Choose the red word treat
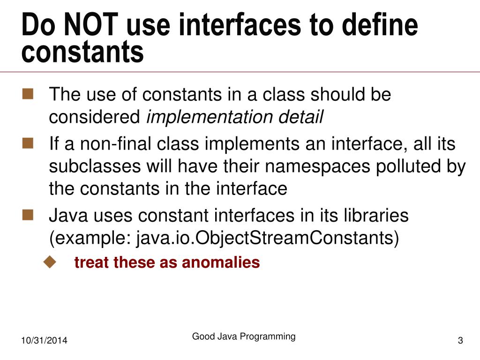point(92,262)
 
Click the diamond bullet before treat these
point(49,262)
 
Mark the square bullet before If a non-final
point(28,143)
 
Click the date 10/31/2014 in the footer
point(44,341)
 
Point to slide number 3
point(460,341)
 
